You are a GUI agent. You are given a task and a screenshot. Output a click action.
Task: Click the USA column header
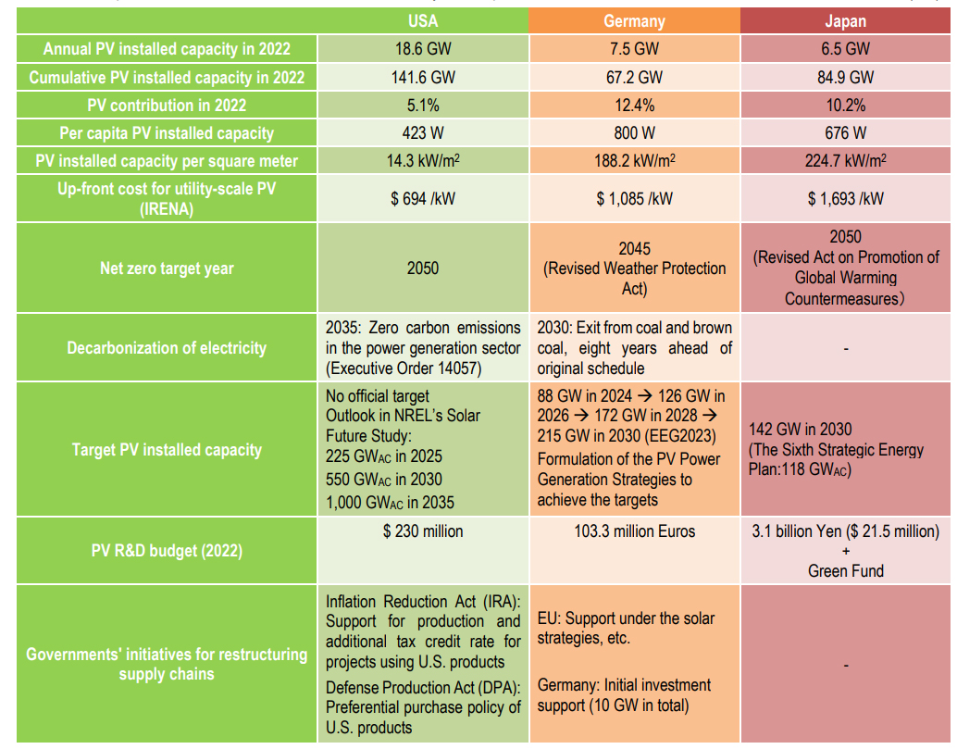(x=422, y=21)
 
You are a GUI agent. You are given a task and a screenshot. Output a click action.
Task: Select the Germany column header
(x=634, y=21)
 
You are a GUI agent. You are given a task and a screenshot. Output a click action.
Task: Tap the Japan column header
(x=846, y=21)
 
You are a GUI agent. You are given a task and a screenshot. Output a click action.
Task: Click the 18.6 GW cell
(x=422, y=49)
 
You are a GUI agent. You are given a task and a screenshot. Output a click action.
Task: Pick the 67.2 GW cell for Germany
(x=634, y=77)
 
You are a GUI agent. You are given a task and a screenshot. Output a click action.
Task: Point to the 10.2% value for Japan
(x=846, y=105)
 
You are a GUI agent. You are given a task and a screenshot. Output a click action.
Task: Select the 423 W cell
(x=422, y=132)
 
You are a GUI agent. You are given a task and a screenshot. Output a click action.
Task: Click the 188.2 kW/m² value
(x=634, y=160)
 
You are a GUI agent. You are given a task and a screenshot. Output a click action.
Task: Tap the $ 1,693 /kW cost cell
(x=846, y=198)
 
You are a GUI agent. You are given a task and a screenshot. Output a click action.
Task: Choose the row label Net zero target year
(x=167, y=268)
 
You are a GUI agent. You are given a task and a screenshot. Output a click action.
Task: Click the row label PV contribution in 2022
(x=167, y=105)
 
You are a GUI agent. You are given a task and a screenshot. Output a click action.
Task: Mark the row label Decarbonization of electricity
(x=167, y=348)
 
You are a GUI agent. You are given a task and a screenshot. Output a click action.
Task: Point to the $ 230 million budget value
(x=422, y=531)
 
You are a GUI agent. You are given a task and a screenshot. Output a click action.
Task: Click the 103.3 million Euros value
(x=634, y=531)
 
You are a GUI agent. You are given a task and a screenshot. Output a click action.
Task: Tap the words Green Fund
(x=846, y=571)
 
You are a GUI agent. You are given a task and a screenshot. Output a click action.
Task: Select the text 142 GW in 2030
(x=801, y=430)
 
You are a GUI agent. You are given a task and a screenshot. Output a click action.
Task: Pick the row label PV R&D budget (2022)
(x=167, y=551)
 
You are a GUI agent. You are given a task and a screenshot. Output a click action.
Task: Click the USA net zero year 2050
(x=422, y=268)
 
